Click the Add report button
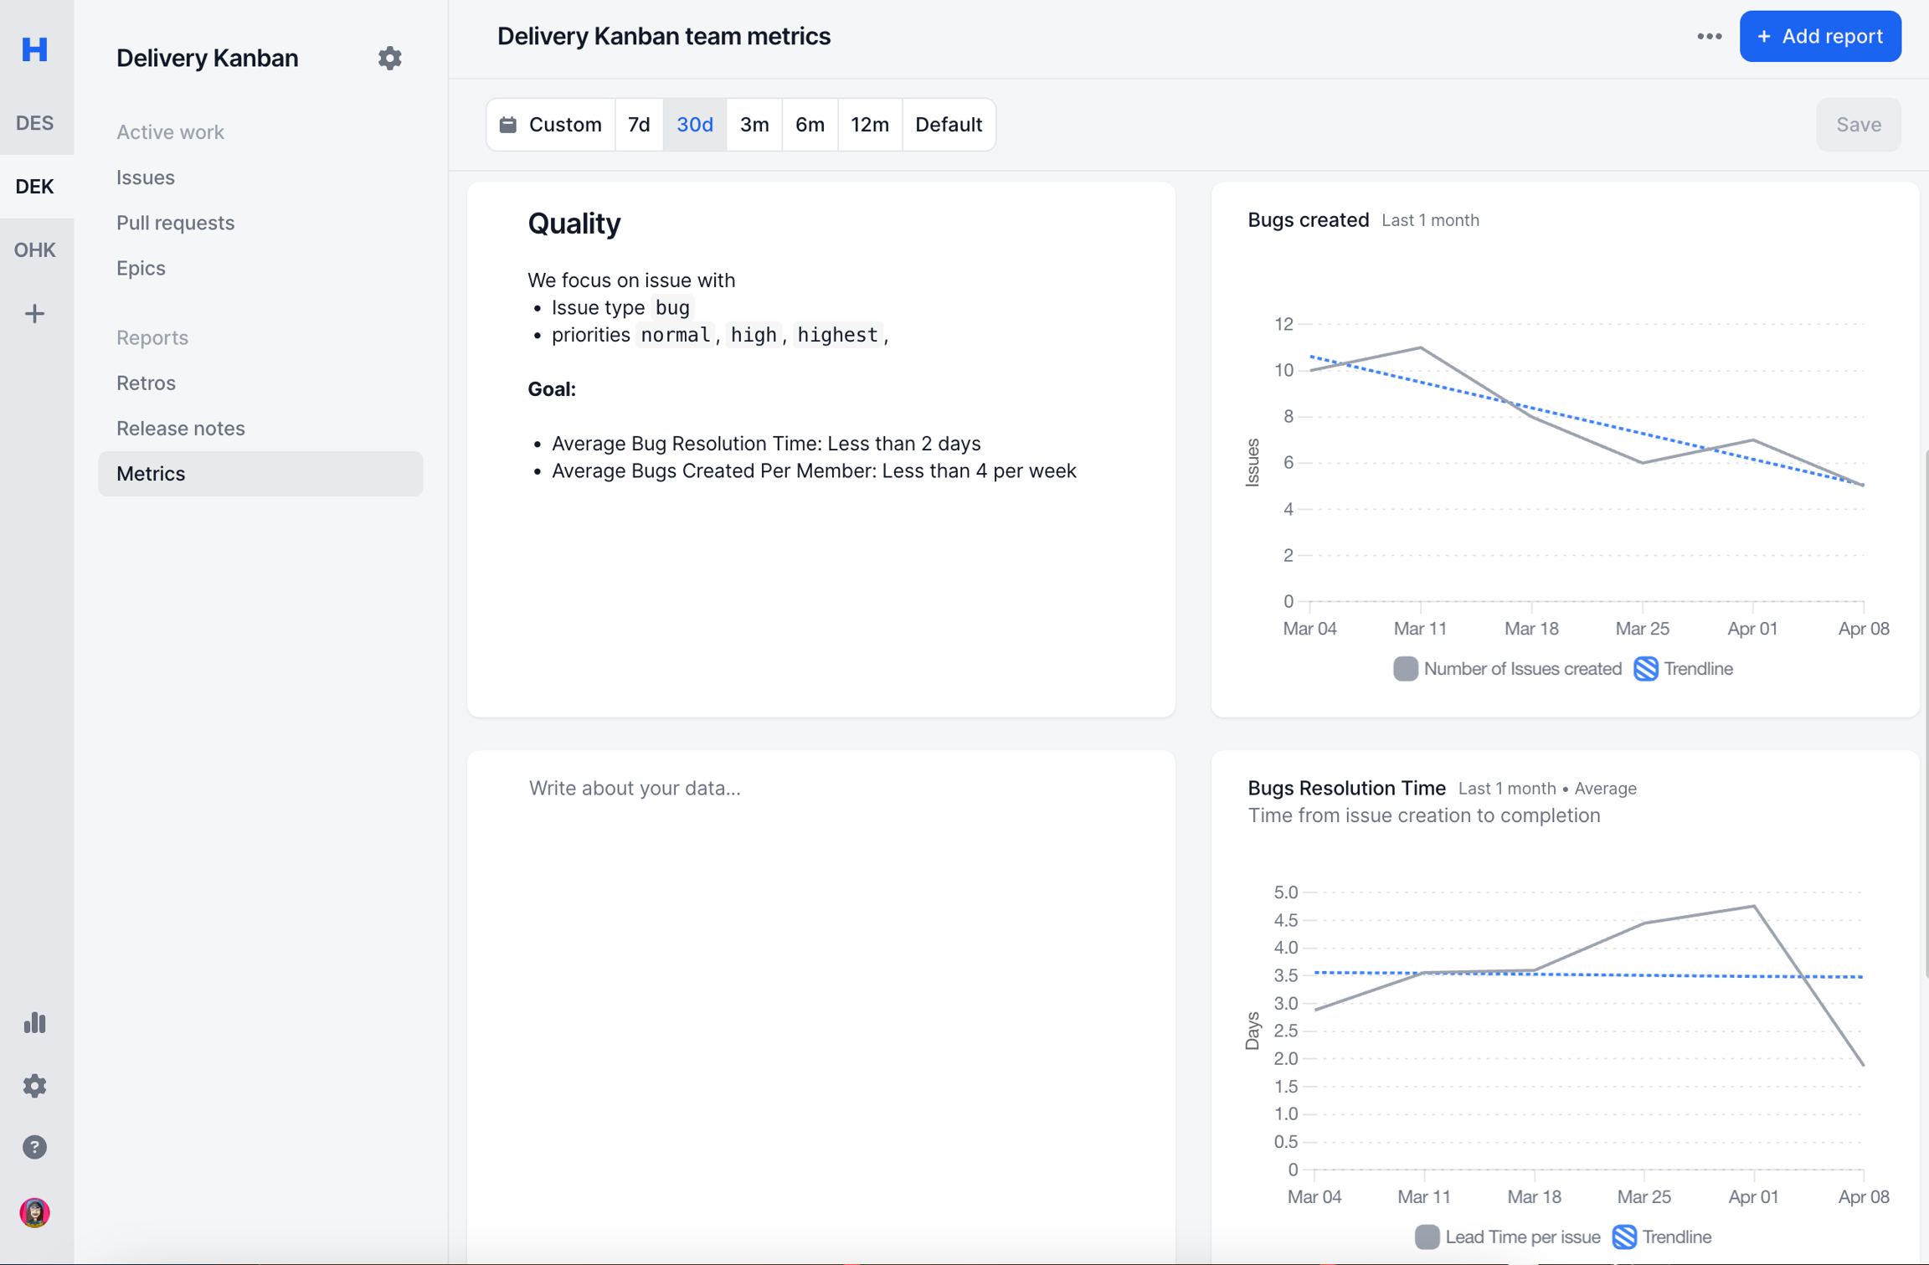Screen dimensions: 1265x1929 (1819, 37)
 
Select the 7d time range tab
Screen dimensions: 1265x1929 (639, 125)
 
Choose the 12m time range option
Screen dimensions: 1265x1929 (869, 125)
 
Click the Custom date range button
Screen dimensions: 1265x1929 (551, 125)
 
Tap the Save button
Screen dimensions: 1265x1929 (1858, 125)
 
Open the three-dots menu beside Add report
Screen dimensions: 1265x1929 (1709, 37)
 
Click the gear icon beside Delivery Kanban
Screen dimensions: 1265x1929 (389, 58)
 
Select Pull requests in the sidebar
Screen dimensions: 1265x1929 (175, 223)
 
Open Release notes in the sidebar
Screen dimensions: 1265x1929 (180, 428)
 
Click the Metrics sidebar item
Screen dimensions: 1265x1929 (151, 474)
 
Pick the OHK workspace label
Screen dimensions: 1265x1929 (34, 249)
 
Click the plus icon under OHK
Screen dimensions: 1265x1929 (34, 314)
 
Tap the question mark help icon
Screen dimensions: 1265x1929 (34, 1147)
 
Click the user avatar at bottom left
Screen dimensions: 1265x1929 (34, 1212)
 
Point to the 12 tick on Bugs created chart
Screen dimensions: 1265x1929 (1283, 324)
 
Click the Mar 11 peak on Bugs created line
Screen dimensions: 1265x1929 (1420, 347)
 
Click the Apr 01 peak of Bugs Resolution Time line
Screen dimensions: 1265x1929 (1753, 906)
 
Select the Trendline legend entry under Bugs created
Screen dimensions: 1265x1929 (1684, 669)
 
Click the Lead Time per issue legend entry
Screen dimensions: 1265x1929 (1508, 1237)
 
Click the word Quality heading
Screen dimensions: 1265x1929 (574, 224)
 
